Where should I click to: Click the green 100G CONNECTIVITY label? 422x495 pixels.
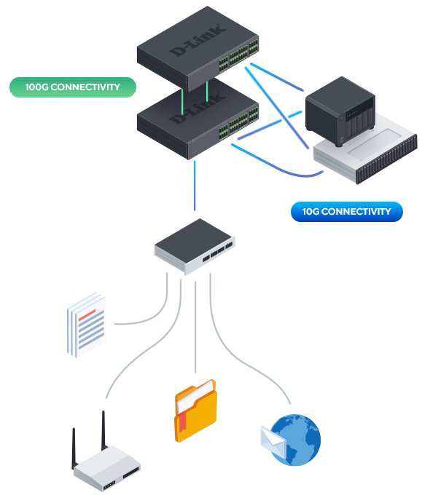(73, 87)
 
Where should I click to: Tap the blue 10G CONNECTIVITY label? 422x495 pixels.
(347, 212)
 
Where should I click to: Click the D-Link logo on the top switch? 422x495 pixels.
(198, 40)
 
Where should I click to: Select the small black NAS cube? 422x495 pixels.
(340, 111)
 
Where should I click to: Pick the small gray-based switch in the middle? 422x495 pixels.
(195, 246)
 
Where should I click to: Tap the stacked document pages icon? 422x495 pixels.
(86, 325)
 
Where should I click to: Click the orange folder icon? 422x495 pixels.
(195, 411)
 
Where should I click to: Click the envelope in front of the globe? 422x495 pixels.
(273, 440)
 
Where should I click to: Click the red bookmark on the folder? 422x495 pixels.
(182, 422)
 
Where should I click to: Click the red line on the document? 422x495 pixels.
(87, 315)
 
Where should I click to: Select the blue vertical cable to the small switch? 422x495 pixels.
(195, 186)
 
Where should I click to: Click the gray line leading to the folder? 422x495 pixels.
(195, 327)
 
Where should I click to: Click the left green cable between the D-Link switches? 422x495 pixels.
(182, 102)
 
